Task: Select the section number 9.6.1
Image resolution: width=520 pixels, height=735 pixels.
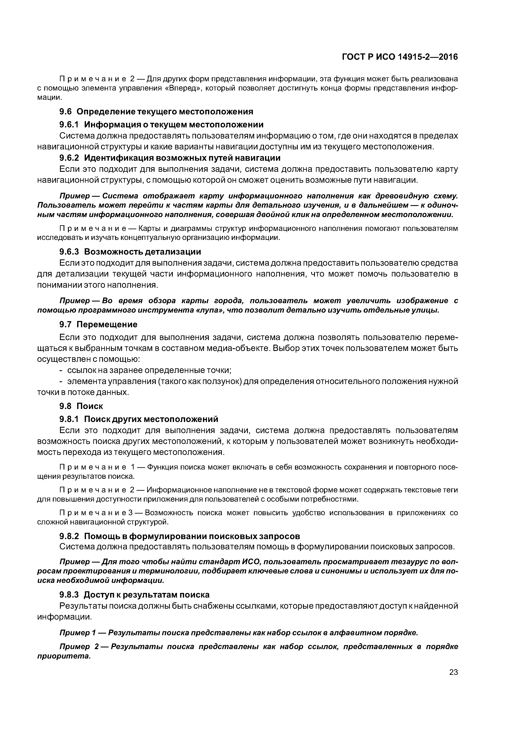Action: click(69, 124)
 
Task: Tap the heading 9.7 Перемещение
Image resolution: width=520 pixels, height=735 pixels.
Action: click(98, 324)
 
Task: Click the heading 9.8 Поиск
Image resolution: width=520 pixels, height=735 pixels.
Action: click(81, 406)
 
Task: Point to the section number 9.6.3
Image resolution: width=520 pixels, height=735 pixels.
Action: click(69, 252)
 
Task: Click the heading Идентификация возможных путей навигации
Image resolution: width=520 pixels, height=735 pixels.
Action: click(182, 158)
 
